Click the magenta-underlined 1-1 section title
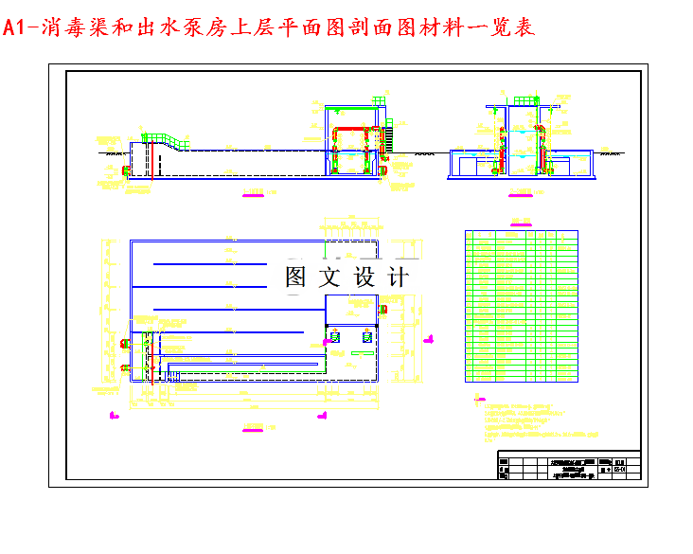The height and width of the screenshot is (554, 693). tap(253, 196)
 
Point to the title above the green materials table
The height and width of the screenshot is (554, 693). tap(520, 223)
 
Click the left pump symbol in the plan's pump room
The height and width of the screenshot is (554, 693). tap(336, 336)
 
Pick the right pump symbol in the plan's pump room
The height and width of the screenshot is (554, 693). tap(365, 336)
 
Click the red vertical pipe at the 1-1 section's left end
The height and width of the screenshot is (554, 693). tap(127, 170)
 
